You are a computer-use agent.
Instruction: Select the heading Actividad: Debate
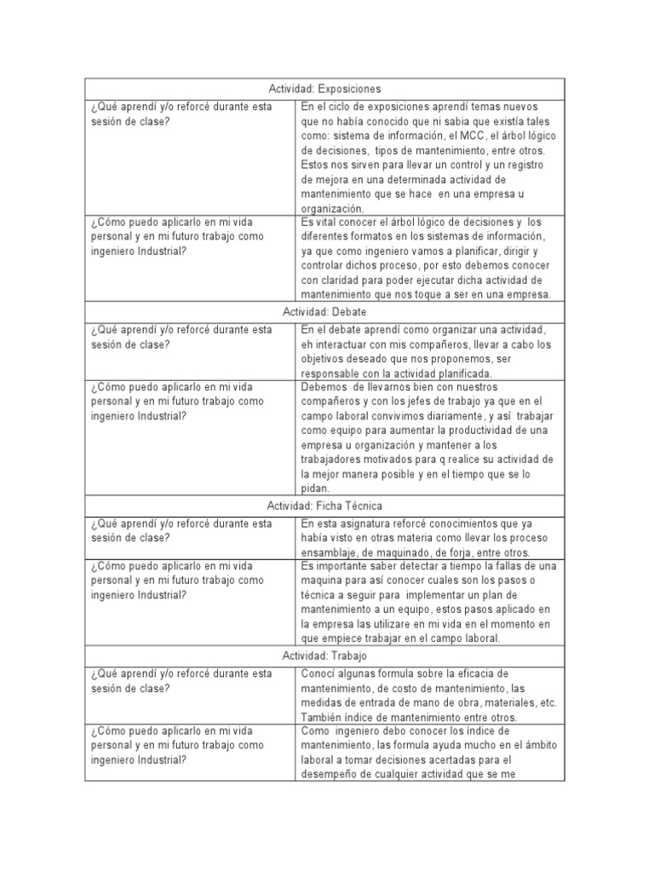pyautogui.click(x=324, y=313)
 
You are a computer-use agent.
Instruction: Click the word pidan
pyautogui.click(x=315, y=489)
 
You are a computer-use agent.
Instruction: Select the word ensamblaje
pyautogui.click(x=330, y=552)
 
